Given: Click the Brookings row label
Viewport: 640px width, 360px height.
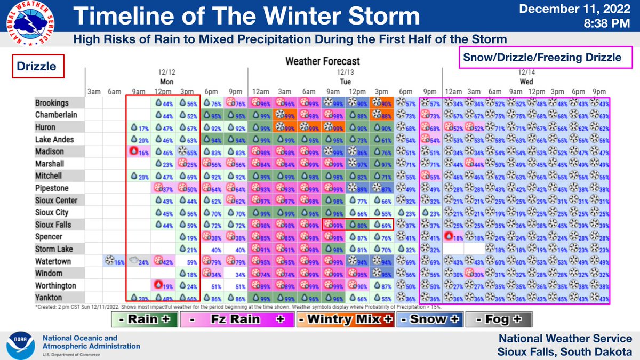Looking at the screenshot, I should pos(52,103).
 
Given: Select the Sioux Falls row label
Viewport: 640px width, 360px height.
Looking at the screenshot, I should pos(53,225).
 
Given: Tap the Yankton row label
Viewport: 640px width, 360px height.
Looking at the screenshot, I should pos(49,298).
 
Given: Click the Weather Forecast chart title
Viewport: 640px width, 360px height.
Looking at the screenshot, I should pos(322,61).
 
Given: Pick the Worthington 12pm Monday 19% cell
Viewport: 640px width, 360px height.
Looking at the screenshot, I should pos(162,286).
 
